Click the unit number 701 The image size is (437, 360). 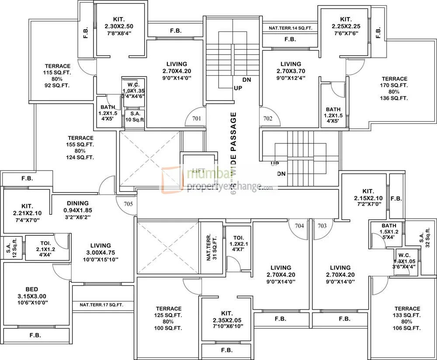tap(197, 118)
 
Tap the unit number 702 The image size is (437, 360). tap(267, 118)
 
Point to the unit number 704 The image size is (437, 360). tap(299, 226)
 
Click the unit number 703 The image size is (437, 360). tap(322, 226)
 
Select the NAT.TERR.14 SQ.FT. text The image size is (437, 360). tap(290, 28)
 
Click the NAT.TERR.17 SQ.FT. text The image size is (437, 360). tap(101, 305)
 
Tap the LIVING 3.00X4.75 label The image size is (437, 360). tap(101, 252)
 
